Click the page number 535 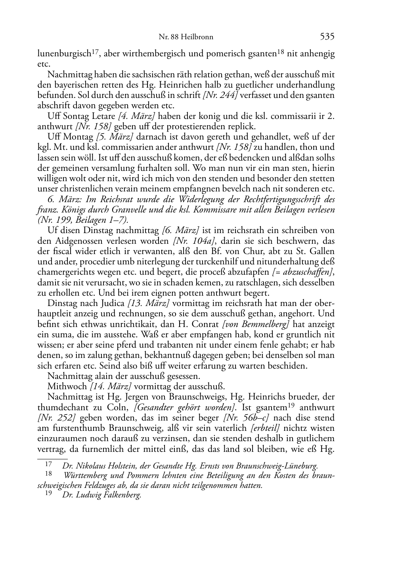pos(327,37)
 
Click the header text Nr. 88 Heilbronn pos(186,37)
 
